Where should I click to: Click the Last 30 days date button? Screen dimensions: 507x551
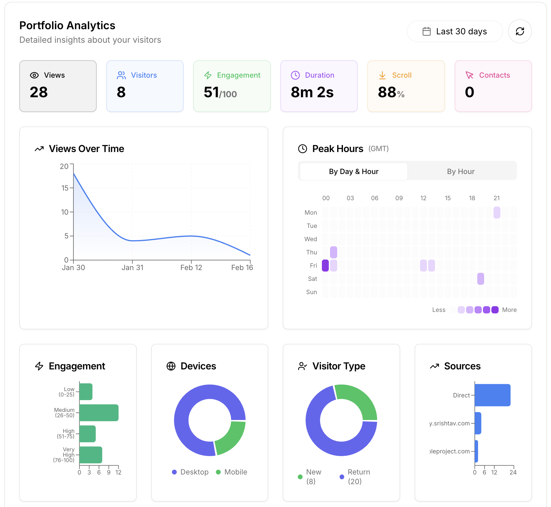point(455,31)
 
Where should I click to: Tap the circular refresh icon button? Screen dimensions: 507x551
point(520,31)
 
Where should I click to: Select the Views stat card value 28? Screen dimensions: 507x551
point(39,92)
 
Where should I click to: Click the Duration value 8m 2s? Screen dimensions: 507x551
point(312,92)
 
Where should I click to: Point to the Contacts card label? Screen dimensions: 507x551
point(494,75)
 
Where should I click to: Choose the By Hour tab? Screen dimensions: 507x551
point(461,172)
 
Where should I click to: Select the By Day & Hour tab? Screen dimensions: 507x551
point(353,172)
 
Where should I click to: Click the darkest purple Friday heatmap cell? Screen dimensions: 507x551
point(325,266)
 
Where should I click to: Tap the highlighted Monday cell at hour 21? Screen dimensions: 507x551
point(497,213)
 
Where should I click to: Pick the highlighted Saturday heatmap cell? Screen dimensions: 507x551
point(481,279)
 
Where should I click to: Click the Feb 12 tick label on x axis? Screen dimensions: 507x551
point(191,268)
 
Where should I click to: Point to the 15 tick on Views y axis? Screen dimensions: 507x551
point(65,188)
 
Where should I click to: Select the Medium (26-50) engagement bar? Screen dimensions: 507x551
point(99,413)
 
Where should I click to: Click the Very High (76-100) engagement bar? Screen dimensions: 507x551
point(91,455)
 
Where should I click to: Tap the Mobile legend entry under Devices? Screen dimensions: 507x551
point(232,472)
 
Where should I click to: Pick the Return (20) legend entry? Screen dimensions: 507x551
point(355,477)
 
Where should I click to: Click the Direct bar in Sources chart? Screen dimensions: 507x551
point(492,395)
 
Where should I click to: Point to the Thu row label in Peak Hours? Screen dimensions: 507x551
point(312,252)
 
